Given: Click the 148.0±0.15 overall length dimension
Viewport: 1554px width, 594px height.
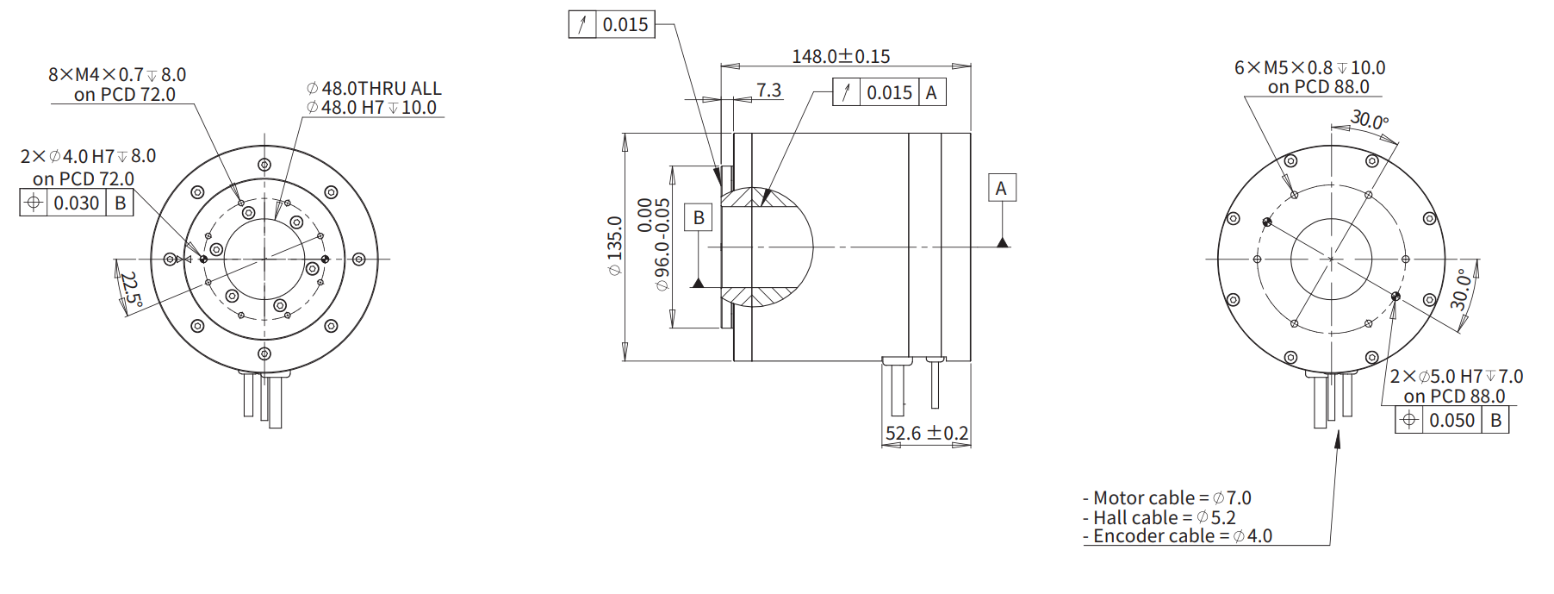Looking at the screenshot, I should pos(841,56).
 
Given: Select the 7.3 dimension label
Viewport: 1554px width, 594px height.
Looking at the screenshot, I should pos(768,90).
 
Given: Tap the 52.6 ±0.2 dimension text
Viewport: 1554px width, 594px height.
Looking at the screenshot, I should pos(927,433).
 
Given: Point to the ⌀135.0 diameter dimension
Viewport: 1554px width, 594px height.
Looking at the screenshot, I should pos(614,246).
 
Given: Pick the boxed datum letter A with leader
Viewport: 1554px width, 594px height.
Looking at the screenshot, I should pos(1001,188).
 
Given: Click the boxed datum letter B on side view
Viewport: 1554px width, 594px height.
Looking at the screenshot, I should pos(699,217).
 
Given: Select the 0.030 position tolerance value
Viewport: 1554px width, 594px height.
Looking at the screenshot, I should pos(77,203).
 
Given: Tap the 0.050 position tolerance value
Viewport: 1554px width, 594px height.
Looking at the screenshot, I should pos(1452,420).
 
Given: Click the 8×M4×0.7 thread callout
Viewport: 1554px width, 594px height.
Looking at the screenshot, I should pos(117,75).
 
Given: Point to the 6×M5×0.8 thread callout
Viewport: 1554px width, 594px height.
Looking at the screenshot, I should pos(1309,67).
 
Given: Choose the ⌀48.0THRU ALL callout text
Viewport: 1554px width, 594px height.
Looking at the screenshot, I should pos(374,88).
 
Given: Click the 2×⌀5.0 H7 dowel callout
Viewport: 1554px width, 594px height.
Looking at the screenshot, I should pos(1456,377).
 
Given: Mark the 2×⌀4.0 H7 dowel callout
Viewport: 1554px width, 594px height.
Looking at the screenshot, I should pos(88,156).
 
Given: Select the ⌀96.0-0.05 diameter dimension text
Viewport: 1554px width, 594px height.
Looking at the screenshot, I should pos(662,246).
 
